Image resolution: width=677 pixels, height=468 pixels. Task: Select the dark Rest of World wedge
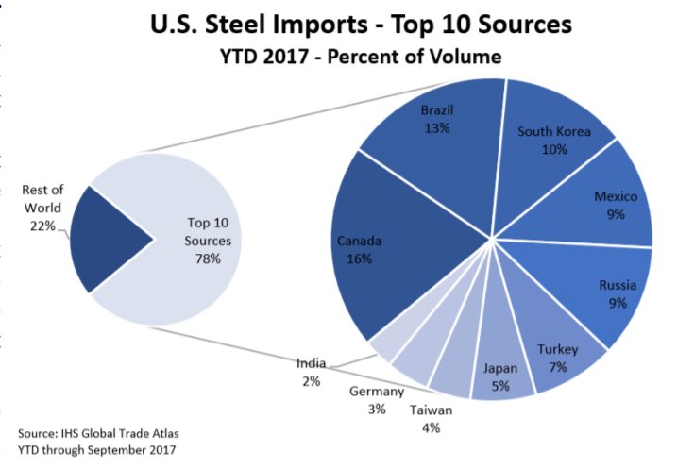click(x=104, y=240)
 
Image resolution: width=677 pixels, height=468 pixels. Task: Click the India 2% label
click(x=311, y=373)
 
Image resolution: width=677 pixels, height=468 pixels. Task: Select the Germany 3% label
click(x=377, y=400)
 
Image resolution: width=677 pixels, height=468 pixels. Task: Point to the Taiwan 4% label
click(x=431, y=419)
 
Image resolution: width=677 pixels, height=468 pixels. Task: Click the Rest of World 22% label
click(x=42, y=208)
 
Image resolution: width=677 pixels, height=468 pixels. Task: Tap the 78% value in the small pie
click(x=208, y=259)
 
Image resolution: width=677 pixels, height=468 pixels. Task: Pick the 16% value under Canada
click(x=359, y=259)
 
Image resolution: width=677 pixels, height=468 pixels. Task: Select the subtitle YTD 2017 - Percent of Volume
click(x=361, y=57)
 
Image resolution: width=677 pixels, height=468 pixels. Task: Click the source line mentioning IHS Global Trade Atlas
click(x=98, y=433)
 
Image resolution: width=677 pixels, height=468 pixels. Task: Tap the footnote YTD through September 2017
click(x=96, y=450)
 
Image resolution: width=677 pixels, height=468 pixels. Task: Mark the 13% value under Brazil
click(x=437, y=128)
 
